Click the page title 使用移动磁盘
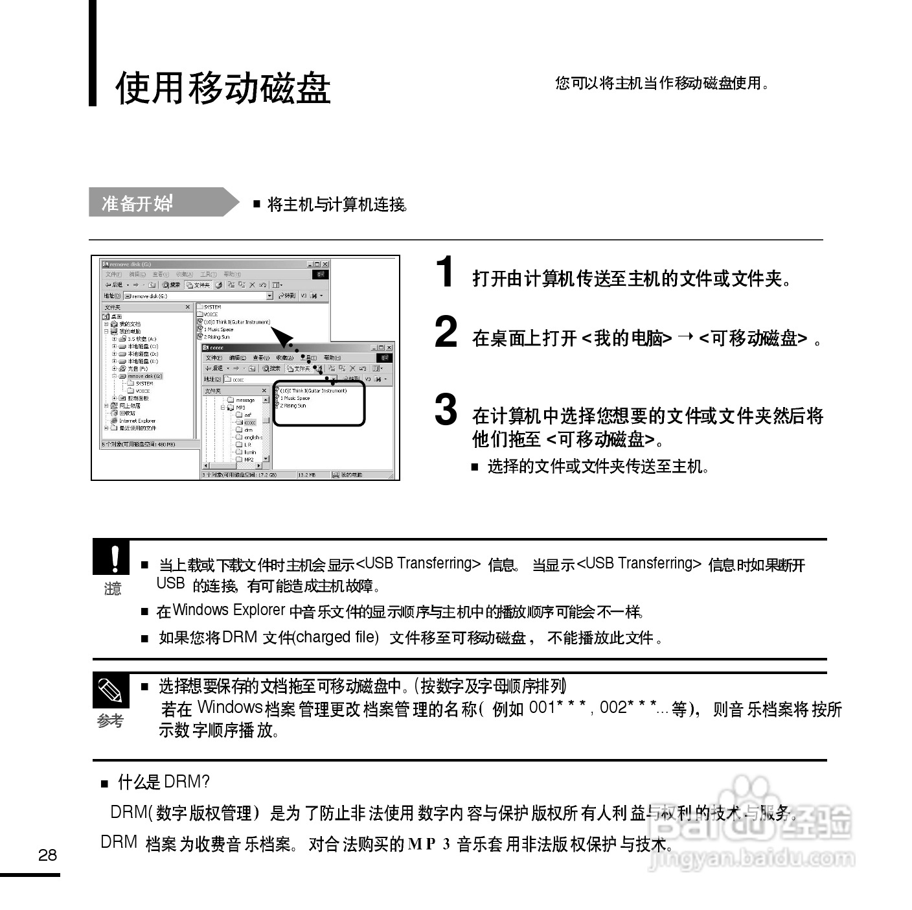[223, 88]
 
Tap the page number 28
[47, 855]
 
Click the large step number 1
[445, 272]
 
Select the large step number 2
[446, 332]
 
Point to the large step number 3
[446, 410]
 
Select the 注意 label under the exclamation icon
[113, 589]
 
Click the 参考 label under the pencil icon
[110, 721]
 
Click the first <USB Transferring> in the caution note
[418, 563]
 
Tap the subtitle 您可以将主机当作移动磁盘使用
[661, 83]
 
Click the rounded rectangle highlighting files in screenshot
[319, 403]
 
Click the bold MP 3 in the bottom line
[429, 845]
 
